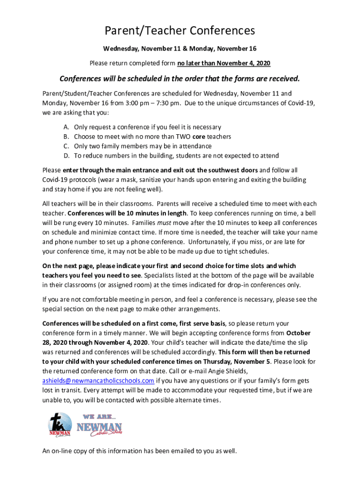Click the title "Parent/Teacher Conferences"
coord(180,30)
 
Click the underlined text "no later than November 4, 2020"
coord(224,63)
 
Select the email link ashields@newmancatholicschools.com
coord(98,380)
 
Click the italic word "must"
coord(163,223)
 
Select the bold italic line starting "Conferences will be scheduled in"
coord(180,78)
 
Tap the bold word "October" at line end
coord(299,333)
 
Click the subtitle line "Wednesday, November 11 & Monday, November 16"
coord(180,49)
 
